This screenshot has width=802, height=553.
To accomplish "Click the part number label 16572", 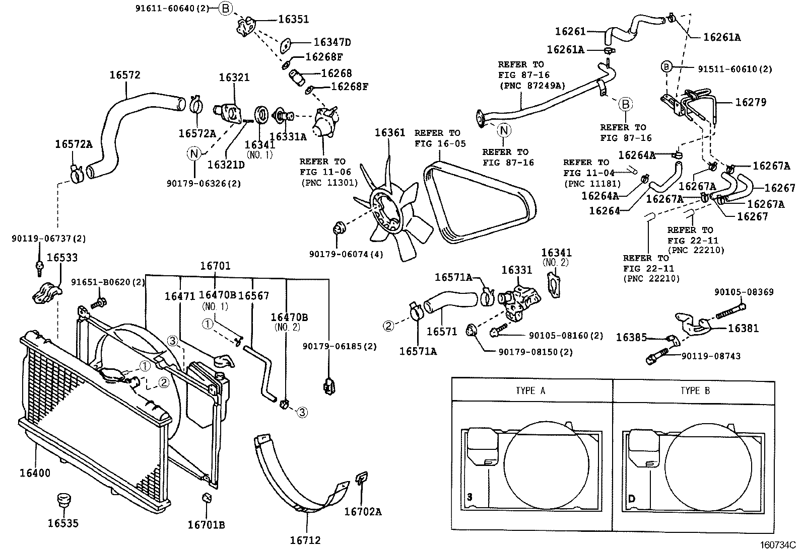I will tap(125, 75).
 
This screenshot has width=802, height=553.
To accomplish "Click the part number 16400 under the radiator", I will tap(35, 473).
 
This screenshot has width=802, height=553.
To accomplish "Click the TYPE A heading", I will tap(530, 390).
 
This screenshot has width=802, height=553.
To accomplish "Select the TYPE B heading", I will tap(695, 390).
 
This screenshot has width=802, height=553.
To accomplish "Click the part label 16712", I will tap(305, 540).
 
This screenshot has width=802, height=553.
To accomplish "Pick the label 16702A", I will tap(363, 512).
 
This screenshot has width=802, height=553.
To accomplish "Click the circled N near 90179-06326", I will tap(195, 153).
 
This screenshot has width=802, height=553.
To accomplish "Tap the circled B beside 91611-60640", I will tap(226, 8).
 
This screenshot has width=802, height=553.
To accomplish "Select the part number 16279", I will tap(751, 102).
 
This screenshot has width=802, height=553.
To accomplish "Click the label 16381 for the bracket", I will tap(743, 328).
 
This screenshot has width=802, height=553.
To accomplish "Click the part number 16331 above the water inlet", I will tap(517, 270).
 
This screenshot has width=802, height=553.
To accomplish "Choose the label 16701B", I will tap(206, 525).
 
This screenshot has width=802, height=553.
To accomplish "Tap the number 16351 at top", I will tap(294, 19).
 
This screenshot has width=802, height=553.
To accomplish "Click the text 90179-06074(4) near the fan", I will tap(346, 255).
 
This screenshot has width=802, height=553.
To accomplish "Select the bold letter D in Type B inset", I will tap(631, 499).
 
